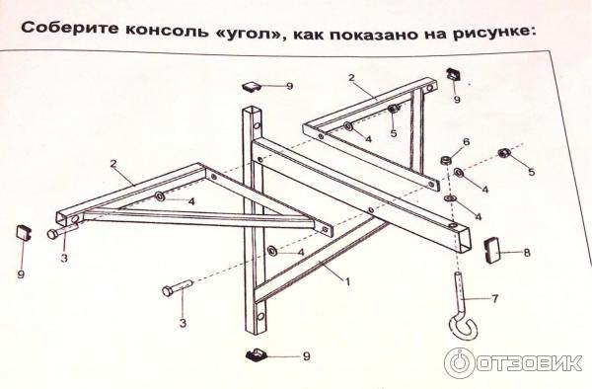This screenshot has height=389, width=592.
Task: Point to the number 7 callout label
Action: click(495, 299)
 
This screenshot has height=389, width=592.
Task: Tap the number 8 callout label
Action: click(527, 253)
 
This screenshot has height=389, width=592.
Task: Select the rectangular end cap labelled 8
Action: click(491, 250)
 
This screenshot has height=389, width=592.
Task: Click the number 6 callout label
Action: click(467, 142)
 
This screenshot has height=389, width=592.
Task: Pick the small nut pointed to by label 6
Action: click(446, 160)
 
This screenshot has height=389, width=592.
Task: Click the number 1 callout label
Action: click(347, 281)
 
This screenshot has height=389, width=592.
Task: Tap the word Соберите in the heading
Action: click(69, 28)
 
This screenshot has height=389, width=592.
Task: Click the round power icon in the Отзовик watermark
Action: click(459, 363)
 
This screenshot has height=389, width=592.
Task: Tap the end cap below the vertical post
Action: click(257, 354)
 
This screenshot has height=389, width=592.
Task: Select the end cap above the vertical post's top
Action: click(252, 87)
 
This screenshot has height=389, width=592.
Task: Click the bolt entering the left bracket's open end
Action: click(62, 230)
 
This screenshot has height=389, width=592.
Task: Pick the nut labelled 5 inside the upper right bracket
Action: click(394, 108)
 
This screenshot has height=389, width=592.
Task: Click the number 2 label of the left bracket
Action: click(113, 164)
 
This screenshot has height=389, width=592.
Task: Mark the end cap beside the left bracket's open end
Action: click(24, 232)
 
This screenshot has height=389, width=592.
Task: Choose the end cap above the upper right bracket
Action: click(454, 74)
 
